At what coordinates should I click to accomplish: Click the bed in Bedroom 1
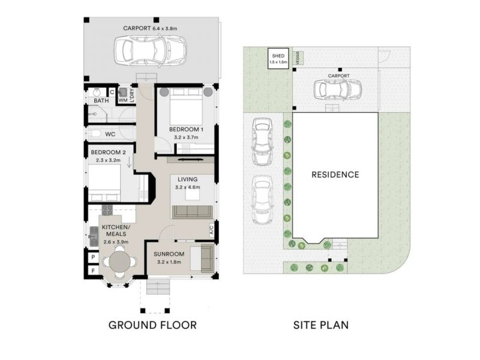tap(185, 108)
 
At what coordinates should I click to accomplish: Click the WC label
tap(110, 134)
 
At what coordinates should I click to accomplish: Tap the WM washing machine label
tap(122, 100)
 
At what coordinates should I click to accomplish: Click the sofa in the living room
tap(192, 211)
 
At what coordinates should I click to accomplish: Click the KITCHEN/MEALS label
tap(116, 230)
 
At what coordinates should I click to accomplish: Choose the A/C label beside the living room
tap(212, 229)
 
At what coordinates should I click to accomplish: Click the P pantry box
tap(93, 257)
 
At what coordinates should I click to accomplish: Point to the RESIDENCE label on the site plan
tap(335, 175)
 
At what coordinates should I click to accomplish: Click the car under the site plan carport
tap(338, 89)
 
